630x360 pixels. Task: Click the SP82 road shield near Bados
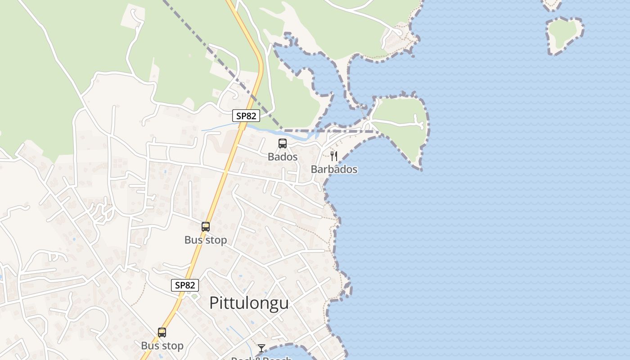[246, 116]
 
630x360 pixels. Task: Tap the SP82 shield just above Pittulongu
[185, 285]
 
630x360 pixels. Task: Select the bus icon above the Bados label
[283, 144]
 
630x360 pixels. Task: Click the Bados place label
[283, 157]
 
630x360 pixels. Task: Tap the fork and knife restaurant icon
[334, 156]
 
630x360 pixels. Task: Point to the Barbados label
[334, 169]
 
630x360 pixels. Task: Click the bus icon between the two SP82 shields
[206, 227]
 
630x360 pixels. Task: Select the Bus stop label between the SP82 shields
[206, 240]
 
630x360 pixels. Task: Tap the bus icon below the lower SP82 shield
[162, 333]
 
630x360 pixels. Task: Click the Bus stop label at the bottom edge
[162, 346]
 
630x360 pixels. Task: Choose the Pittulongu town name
[249, 303]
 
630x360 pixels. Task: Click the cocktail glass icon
[261, 348]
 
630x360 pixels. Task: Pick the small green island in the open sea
[563, 34]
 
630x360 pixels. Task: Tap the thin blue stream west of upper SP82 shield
[216, 130]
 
